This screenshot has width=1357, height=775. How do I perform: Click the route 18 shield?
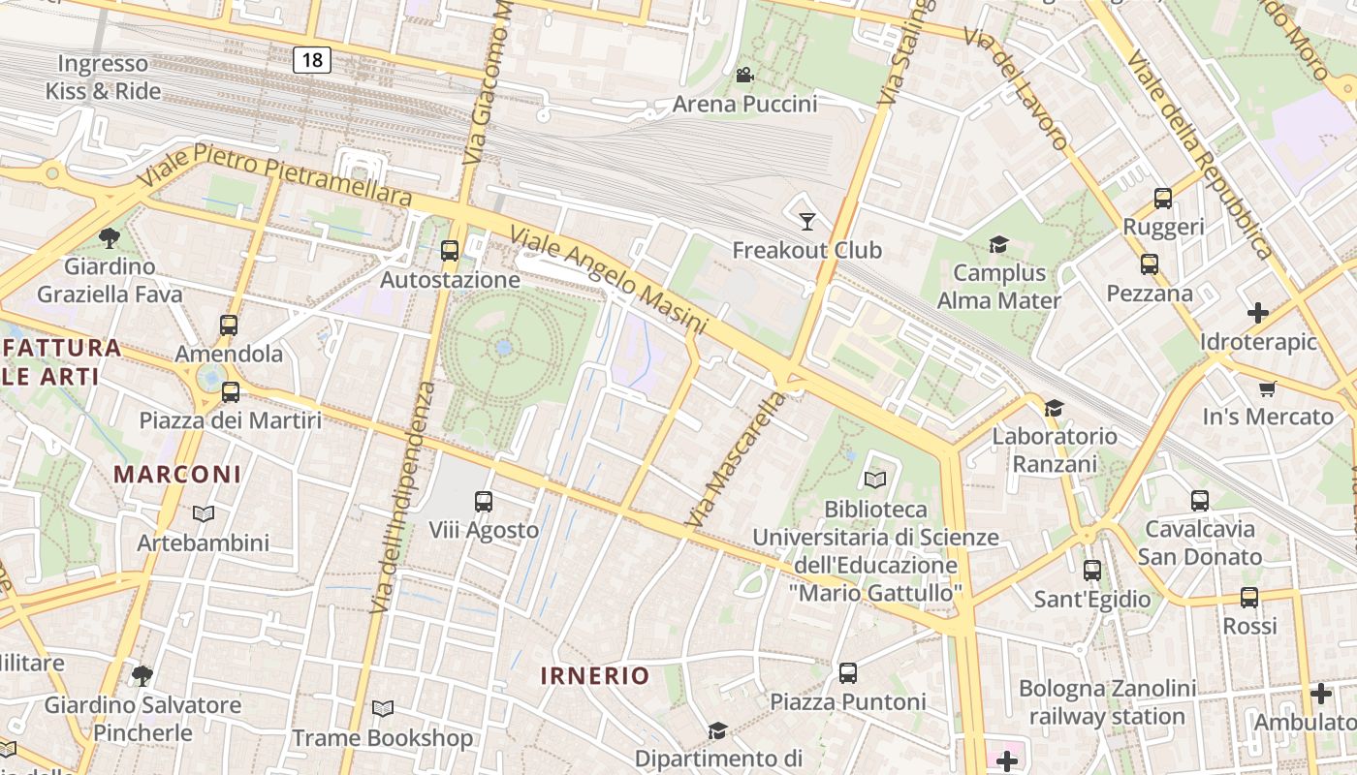point(312,60)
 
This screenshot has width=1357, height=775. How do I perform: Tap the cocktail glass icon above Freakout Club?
point(806,222)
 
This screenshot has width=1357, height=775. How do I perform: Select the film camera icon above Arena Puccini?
point(744,76)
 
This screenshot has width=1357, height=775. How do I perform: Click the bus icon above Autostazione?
point(450,251)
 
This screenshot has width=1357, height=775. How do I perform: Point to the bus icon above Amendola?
point(229,325)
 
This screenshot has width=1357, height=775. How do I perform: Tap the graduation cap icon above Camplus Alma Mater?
point(998,244)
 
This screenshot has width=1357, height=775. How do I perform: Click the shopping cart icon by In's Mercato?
point(1267,389)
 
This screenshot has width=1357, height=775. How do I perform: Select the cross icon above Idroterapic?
point(1258,313)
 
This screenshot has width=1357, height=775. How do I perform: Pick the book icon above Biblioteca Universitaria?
point(874,480)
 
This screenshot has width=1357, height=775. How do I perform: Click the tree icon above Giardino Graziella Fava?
point(110,237)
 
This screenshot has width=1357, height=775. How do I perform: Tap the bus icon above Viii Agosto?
point(484,502)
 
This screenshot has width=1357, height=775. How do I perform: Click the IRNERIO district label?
point(594,675)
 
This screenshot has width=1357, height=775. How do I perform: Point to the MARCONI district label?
point(177,474)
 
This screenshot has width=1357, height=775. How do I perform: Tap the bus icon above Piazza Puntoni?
point(848,672)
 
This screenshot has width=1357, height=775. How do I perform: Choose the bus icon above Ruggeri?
point(1163,199)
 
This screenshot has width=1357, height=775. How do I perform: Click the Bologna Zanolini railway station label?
point(1107,702)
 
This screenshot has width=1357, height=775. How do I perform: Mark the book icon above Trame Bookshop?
point(383,709)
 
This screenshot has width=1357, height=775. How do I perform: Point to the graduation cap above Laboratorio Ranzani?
point(1054,408)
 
